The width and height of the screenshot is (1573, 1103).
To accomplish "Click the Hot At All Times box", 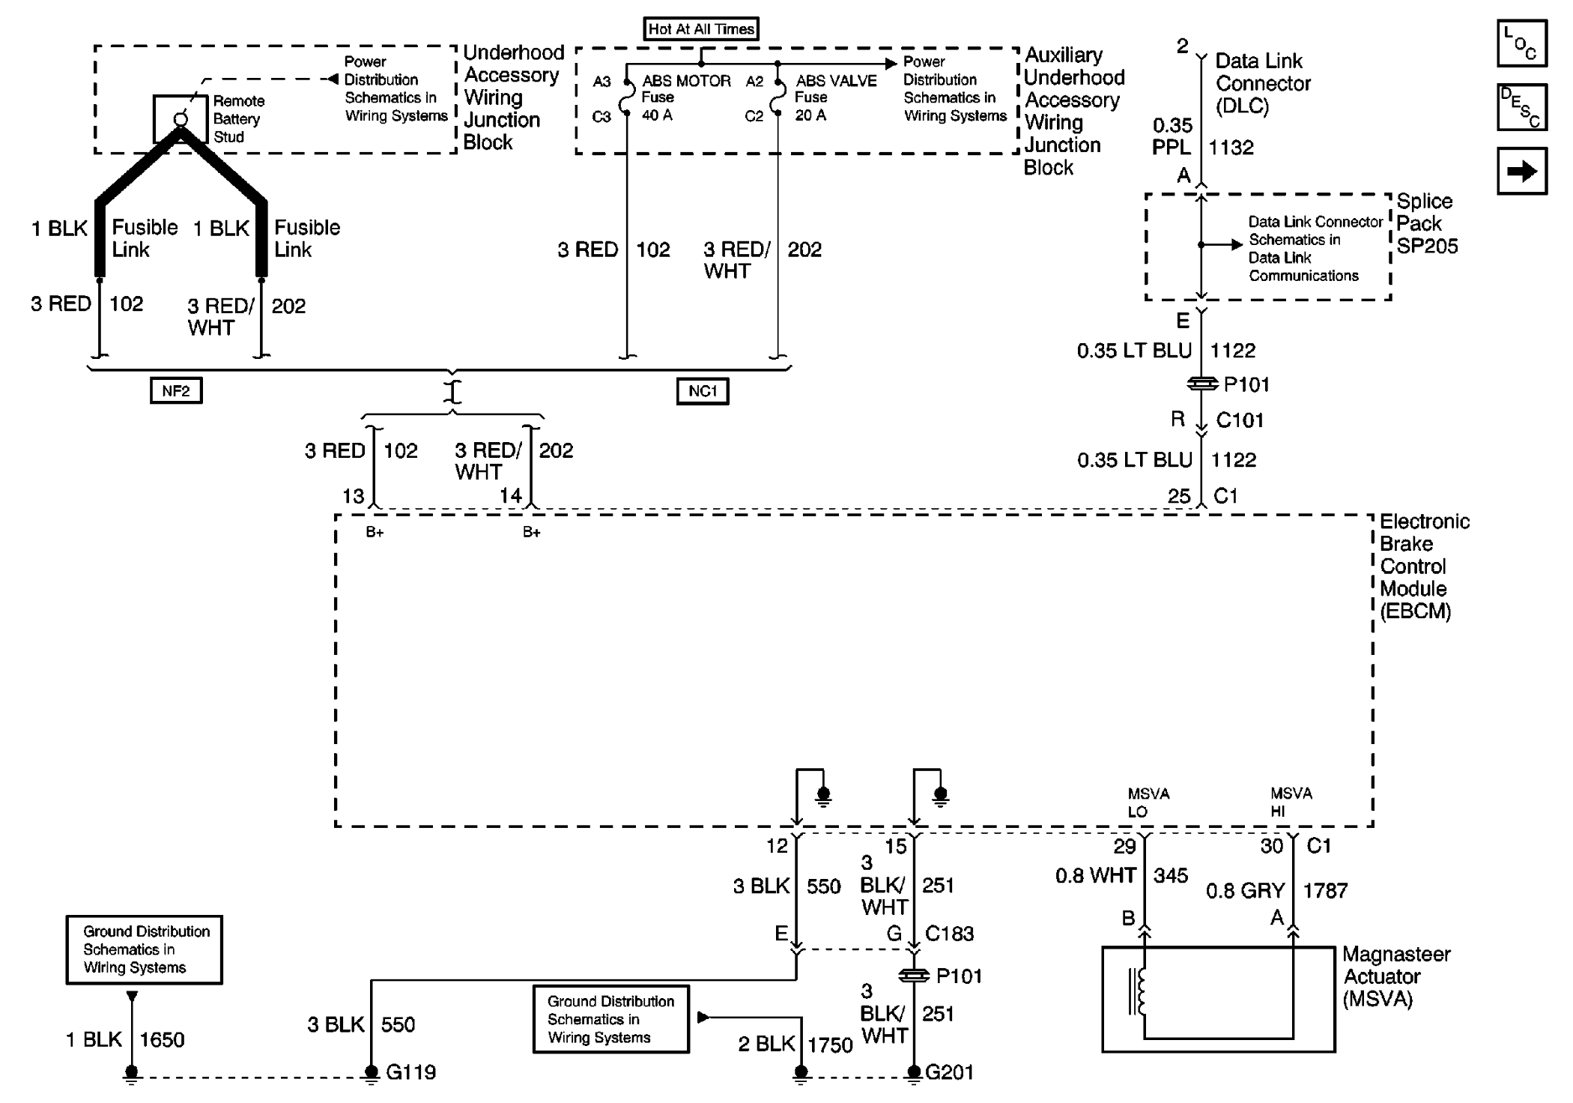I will pyautogui.click(x=700, y=29).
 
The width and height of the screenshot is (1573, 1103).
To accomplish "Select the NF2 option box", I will pyautogui.click(x=175, y=390).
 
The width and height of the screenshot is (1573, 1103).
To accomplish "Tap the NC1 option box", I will pyautogui.click(x=702, y=391).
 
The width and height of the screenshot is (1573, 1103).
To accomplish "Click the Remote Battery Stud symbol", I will pyautogui.click(x=181, y=119).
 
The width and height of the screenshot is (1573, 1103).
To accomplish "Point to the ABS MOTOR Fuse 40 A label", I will pyautogui.click(x=685, y=97).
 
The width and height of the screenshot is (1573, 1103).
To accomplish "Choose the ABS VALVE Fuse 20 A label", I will pyautogui.click(x=835, y=97).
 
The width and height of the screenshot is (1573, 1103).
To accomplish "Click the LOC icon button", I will pyautogui.click(x=1521, y=43).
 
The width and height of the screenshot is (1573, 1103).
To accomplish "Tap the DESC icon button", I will pyautogui.click(x=1521, y=107).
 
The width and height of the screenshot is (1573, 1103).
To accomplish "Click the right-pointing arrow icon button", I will pyautogui.click(x=1521, y=172).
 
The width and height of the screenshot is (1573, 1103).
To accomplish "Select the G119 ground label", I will pyautogui.click(x=410, y=1072).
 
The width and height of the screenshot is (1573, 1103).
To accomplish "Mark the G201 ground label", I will pyautogui.click(x=949, y=1072).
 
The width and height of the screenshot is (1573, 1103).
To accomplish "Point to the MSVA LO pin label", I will pyautogui.click(x=1148, y=802).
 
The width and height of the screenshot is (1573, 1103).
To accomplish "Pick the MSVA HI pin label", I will pyautogui.click(x=1291, y=802).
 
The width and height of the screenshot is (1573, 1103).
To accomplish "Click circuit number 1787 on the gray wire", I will pyautogui.click(x=1325, y=890).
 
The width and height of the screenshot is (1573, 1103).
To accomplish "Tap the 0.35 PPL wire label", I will pyautogui.click(x=1172, y=136).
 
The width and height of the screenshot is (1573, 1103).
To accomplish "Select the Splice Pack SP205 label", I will pyautogui.click(x=1426, y=223).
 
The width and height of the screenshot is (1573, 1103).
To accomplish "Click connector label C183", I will pyautogui.click(x=949, y=934).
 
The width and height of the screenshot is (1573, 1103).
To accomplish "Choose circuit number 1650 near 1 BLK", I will pyautogui.click(x=162, y=1039).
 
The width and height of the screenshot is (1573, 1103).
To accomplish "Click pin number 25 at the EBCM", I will pyautogui.click(x=1178, y=496).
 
